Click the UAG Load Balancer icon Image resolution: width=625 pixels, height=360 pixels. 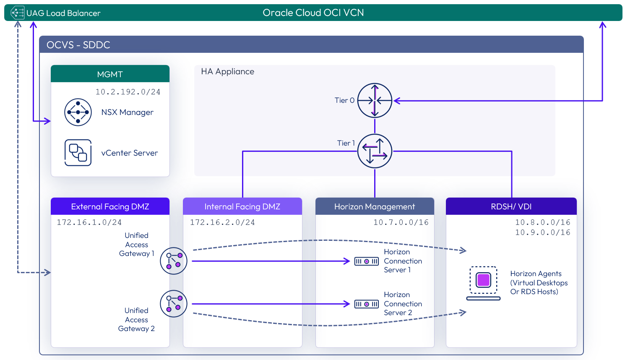click(17, 13)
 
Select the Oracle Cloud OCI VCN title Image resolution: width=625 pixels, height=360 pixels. click(313, 13)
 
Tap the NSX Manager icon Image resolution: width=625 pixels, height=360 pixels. click(78, 112)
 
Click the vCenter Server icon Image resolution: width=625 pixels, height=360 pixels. click(78, 153)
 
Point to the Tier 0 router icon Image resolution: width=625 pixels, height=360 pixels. click(375, 101)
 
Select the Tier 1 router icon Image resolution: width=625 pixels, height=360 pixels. click(375, 151)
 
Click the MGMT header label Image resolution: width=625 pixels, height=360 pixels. click(110, 74)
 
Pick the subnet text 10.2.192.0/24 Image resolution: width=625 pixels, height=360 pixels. click(128, 92)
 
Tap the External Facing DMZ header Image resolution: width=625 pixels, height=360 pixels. click(110, 206)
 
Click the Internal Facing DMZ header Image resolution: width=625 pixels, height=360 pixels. click(242, 206)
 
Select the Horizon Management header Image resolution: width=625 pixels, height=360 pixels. click(375, 206)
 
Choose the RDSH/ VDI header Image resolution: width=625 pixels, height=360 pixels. click(511, 206)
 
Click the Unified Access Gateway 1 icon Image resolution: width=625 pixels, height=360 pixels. click(174, 261)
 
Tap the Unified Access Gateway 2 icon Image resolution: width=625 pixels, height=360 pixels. click(174, 304)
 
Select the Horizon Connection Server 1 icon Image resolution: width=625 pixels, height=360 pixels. click(366, 261)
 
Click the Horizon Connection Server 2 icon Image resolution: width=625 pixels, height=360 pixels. click(366, 304)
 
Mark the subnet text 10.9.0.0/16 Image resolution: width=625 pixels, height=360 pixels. click(542, 232)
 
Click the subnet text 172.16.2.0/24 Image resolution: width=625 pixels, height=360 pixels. click(222, 222)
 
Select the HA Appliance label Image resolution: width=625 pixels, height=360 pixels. click(227, 71)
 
